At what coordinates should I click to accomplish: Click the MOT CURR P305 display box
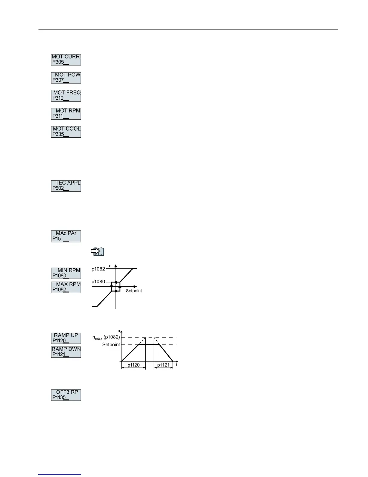[x=66, y=60]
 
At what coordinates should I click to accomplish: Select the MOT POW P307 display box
[x=66, y=78]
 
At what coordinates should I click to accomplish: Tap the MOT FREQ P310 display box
[x=66, y=96]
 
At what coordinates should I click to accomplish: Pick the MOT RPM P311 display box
[x=66, y=114]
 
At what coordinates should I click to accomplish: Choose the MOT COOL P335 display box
[x=66, y=132]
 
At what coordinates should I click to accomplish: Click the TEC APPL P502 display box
[x=66, y=186]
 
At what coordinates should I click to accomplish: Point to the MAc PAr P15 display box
[x=66, y=236]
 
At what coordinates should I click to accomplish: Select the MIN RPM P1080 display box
[x=66, y=273]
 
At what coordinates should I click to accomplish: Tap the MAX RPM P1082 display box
[x=66, y=287]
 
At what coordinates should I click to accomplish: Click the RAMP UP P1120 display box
[x=66, y=338]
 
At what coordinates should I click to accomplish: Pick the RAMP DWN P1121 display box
[x=66, y=352]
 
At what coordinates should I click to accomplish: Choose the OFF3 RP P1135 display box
[x=66, y=395]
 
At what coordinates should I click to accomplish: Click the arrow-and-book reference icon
[x=97, y=252]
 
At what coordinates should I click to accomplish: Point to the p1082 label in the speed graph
[x=98, y=269]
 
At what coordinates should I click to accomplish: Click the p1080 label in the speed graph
[x=98, y=282]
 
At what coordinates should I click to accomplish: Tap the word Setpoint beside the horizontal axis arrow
[x=134, y=291]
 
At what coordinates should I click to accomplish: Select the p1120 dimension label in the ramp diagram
[x=133, y=365]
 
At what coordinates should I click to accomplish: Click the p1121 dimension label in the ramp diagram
[x=163, y=365]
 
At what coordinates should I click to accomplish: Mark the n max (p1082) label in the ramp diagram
[x=106, y=338]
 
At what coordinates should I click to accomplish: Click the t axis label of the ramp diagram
[x=176, y=365]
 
